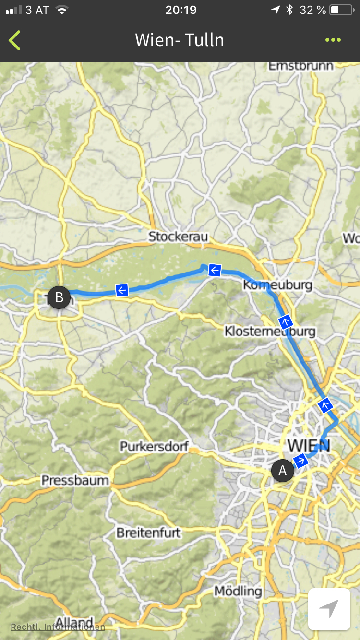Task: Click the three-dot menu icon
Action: [x=333, y=40]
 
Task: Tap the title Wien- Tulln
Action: [x=180, y=40]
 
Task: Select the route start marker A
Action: [x=283, y=471]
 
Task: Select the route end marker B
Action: [x=59, y=297]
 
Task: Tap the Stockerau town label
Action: [x=179, y=237]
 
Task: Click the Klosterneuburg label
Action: [x=270, y=331]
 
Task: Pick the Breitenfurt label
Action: [x=148, y=533]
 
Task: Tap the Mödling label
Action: [x=238, y=591]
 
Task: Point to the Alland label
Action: [x=74, y=622]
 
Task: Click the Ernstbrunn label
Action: [x=300, y=66]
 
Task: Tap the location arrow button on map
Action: [x=329, y=609]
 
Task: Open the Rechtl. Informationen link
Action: [x=58, y=627]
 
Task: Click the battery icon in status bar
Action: [x=341, y=10]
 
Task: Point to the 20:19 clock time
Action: [x=180, y=10]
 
